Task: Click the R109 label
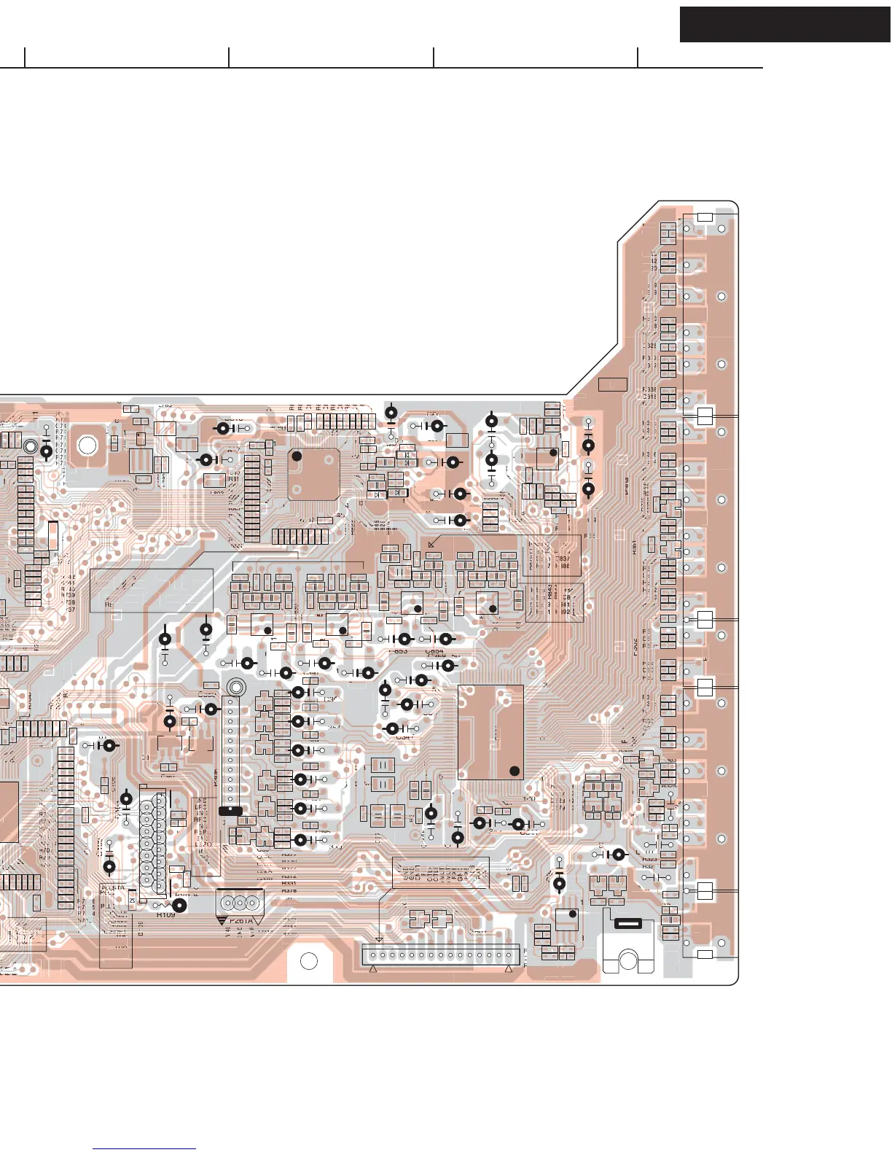click(166, 914)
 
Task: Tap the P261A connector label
click(241, 920)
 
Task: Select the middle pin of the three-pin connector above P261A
click(239, 903)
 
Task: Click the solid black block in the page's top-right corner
click(785, 24)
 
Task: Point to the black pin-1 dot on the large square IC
click(297, 456)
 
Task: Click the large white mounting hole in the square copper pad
click(87, 444)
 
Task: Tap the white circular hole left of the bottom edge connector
click(309, 961)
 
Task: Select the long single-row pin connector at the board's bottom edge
click(441, 954)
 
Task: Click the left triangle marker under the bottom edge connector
click(373, 970)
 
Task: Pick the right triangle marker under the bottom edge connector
click(509, 970)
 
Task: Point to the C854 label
click(434, 651)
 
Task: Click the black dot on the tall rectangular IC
click(515, 771)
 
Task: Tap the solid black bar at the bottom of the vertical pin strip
click(230, 810)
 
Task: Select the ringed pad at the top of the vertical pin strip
click(236, 687)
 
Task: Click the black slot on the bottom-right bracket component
click(628, 923)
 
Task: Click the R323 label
click(649, 860)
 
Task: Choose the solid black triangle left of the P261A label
click(222, 921)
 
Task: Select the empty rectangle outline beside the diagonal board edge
click(612, 384)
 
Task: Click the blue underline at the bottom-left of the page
click(144, 1149)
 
